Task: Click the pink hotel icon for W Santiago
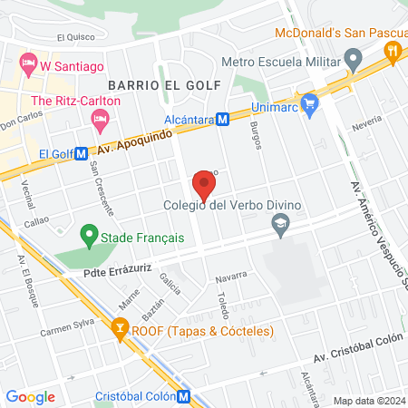point(27,65)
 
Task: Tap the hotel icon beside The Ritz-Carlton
point(100,119)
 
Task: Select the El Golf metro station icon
point(81,154)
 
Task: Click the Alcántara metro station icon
point(221,119)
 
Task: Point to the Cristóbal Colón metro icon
point(183,395)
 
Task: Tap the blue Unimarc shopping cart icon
point(310,102)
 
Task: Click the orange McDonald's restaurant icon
point(392,52)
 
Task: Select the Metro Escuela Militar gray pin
point(353,63)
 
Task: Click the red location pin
point(204,187)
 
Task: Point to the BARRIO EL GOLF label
point(151,84)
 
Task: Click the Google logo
point(31,396)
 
